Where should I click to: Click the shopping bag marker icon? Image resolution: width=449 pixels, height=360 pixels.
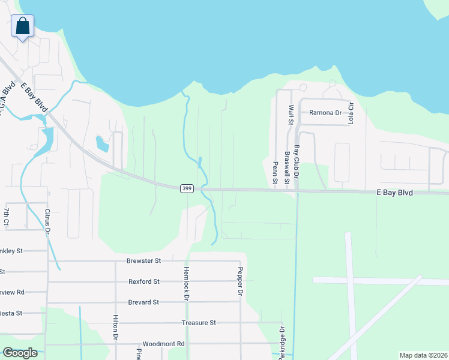coord(22,26)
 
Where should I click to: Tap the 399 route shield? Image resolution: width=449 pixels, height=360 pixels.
coord(186,188)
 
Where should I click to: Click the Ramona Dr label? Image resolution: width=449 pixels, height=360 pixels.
coord(325,113)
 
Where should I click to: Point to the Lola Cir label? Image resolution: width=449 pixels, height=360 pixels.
coord(351,112)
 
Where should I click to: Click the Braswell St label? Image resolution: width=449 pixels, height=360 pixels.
coord(287,172)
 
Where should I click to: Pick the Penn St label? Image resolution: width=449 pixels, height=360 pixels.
coord(276,172)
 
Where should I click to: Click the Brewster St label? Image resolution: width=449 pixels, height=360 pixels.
coord(144,261)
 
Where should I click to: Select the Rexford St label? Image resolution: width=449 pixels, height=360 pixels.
coord(144,281)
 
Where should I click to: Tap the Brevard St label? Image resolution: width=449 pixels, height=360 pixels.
coord(143,302)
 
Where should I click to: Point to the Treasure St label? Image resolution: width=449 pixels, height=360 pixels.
coord(199,323)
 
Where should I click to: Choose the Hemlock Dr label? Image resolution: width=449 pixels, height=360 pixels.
coord(187,283)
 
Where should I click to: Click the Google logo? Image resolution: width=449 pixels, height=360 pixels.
coord(20,353)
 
